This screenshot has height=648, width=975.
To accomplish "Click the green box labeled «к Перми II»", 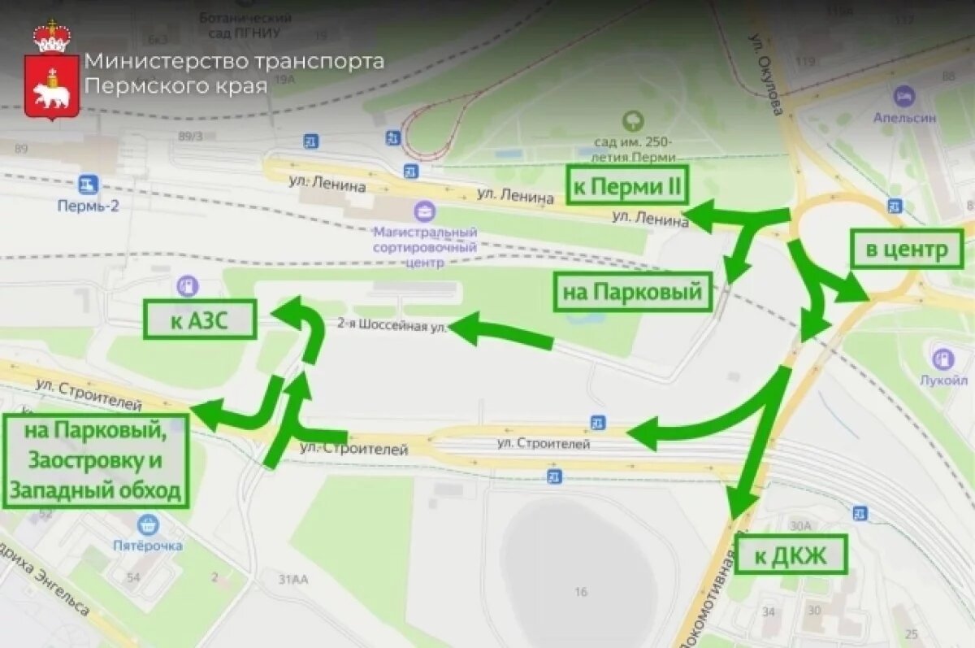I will (x=626, y=185).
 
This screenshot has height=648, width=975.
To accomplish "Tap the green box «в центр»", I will (x=906, y=249).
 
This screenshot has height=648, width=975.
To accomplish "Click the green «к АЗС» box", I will (x=200, y=320).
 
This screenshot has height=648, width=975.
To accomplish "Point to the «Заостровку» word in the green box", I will (x=95, y=461).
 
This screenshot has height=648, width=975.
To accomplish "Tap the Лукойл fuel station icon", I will (x=943, y=358).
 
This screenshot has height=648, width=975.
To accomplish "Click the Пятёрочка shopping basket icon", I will (x=147, y=524).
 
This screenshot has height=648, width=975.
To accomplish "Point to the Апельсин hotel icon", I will (x=903, y=97).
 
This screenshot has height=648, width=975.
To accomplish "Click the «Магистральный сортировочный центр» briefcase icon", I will (x=424, y=213).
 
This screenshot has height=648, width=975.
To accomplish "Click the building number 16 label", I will (x=580, y=592).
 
